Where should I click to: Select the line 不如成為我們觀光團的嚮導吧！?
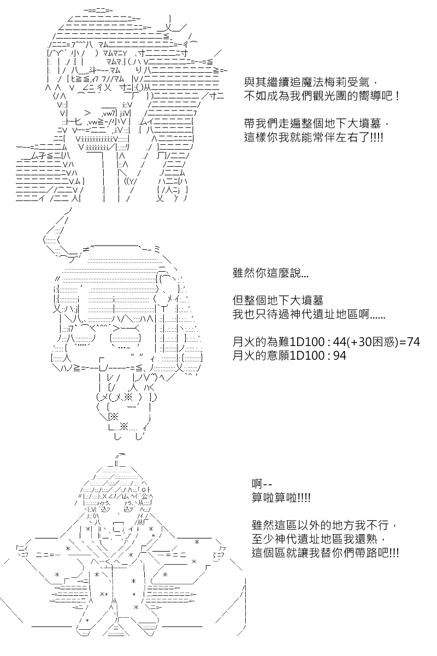click(x=322, y=96)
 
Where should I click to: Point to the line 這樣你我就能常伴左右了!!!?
click(x=314, y=137)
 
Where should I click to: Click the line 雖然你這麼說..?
click(x=270, y=273)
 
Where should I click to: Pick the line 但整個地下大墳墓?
click(x=278, y=301)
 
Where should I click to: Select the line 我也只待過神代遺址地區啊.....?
click(x=309, y=314)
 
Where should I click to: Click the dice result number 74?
click(x=414, y=342)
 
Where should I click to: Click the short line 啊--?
click(x=262, y=484)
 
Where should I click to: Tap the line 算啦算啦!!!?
click(x=281, y=497)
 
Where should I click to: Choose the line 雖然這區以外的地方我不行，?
click(x=325, y=525)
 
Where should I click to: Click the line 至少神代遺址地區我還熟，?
click(x=319, y=539)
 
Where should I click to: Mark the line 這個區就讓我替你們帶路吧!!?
click(x=325, y=553)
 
